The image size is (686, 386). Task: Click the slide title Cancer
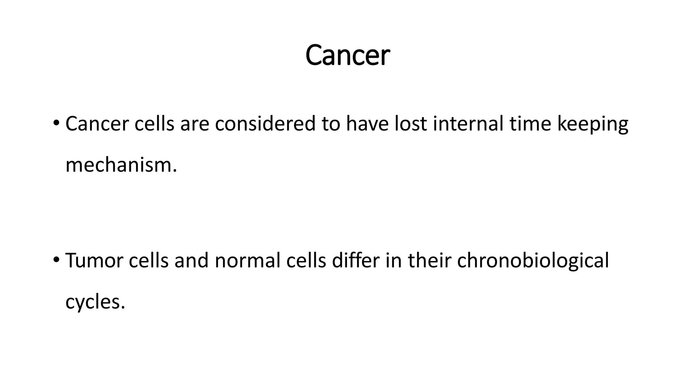point(347,55)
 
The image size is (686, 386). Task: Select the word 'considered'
point(265,123)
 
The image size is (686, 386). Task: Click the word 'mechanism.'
point(121,165)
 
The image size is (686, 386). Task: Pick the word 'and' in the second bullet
point(191,260)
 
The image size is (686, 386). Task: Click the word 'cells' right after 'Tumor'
point(148,260)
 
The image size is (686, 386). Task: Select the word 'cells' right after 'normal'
point(306,260)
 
